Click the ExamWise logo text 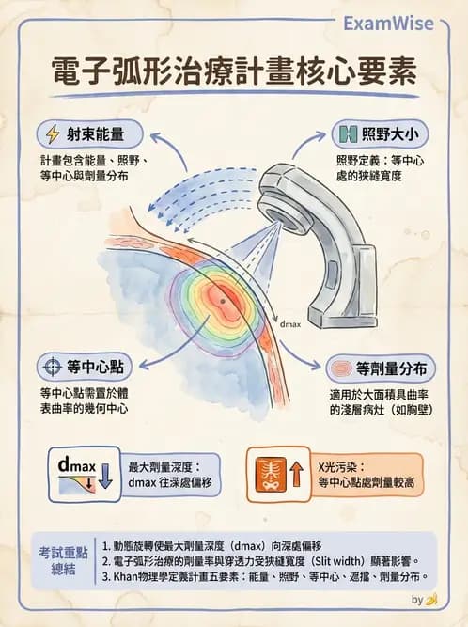(x=388, y=24)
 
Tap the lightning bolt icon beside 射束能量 (x=53, y=134)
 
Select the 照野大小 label (x=390, y=134)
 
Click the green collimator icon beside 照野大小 (x=348, y=134)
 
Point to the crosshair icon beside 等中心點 (x=52, y=367)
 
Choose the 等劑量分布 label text (x=392, y=368)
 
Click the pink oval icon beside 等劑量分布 (x=342, y=368)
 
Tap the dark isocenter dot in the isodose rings (x=223, y=301)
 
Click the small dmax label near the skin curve (x=290, y=324)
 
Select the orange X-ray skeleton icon (x=271, y=475)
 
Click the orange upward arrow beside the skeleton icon (x=296, y=475)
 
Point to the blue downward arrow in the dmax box (x=105, y=476)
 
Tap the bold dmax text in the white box (x=77, y=465)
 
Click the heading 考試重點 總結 (x=63, y=560)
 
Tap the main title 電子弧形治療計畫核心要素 (x=234, y=71)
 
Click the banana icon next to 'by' (x=431, y=600)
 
